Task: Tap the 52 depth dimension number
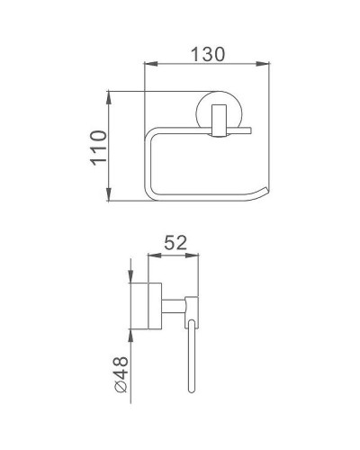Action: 175,244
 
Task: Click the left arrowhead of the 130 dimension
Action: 149,63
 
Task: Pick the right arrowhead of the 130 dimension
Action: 266,63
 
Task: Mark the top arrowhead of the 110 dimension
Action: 109,94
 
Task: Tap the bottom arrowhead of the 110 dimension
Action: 109,199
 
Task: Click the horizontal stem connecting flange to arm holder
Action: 175,305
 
